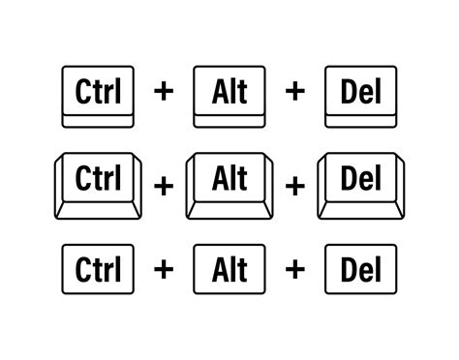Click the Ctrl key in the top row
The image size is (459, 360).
[x=96, y=94]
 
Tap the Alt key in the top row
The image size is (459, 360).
[x=229, y=94]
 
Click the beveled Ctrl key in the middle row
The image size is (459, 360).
[x=96, y=180]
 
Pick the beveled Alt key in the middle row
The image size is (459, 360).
[x=229, y=180]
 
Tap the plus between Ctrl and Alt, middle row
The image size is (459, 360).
[x=163, y=184]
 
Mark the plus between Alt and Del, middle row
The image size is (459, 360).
[x=295, y=184]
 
